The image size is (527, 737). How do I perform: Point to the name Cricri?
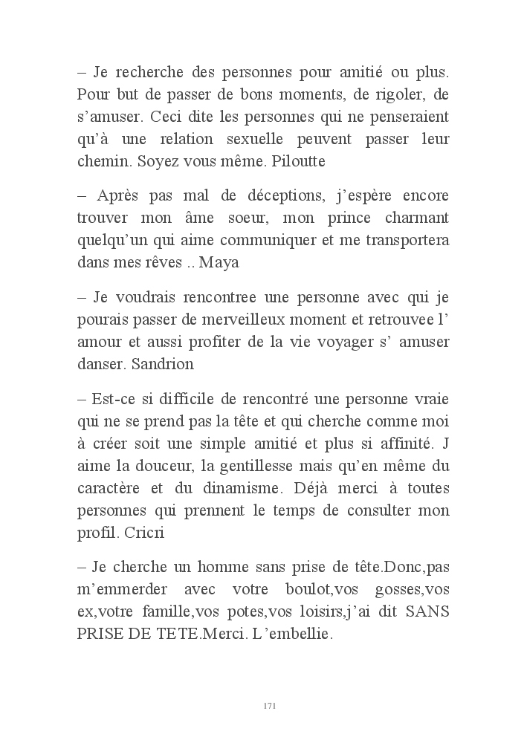pyautogui.click(x=149, y=533)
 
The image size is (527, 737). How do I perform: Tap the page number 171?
pyautogui.click(x=270, y=705)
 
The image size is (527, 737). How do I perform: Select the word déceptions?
pyautogui.click(x=254, y=197)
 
